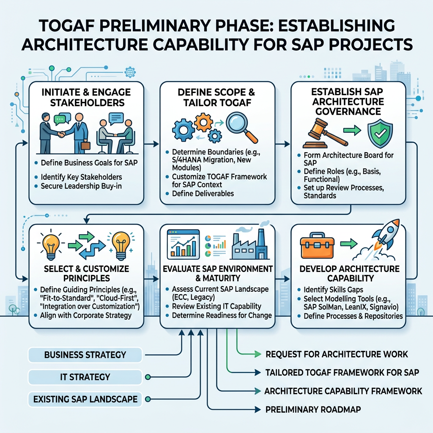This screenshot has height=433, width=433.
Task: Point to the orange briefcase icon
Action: (x=316, y=247)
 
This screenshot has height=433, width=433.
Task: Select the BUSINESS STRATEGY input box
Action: (x=85, y=354)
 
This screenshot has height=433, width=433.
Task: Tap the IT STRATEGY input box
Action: (x=85, y=376)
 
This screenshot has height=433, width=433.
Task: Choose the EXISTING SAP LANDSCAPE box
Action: (x=85, y=399)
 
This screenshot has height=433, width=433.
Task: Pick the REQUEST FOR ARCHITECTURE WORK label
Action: (x=337, y=354)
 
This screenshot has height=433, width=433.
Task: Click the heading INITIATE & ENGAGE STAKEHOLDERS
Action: (x=86, y=97)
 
